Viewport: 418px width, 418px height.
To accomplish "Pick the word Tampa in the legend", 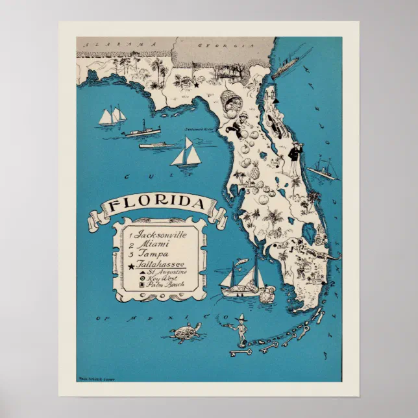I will pos(152,254).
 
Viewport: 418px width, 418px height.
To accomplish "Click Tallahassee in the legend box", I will pos(160,264).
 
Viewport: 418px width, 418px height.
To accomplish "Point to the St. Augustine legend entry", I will pos(163,271).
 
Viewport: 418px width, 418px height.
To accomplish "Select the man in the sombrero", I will pos(243,328).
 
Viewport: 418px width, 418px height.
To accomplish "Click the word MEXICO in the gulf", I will pos(175,318).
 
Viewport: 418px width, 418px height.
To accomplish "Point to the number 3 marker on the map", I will pos(247,191).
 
